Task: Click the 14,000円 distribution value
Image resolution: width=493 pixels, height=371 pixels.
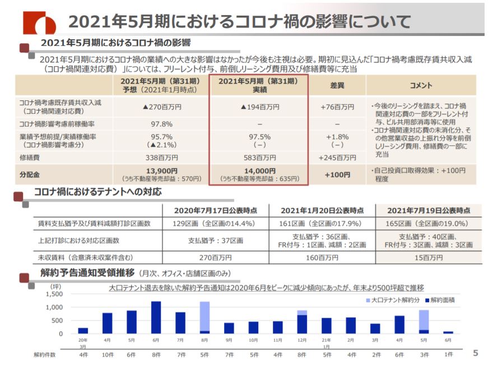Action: click(x=259, y=171)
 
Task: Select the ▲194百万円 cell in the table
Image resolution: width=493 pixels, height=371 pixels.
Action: click(x=259, y=106)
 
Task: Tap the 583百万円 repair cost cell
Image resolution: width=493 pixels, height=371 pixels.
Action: click(x=259, y=158)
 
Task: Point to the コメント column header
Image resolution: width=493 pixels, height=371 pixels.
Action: click(x=421, y=85)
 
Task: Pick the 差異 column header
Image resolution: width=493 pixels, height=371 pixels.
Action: click(x=337, y=85)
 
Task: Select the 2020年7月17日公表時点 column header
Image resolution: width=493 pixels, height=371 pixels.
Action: click(x=215, y=210)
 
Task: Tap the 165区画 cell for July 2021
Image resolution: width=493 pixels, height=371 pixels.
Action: click(x=428, y=224)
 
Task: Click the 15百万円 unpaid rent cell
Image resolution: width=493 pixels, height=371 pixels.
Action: click(x=428, y=258)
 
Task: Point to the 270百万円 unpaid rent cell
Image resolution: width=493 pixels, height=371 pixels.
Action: click(x=215, y=258)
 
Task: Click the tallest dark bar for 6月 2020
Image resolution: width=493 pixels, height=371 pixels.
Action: click(x=156, y=317)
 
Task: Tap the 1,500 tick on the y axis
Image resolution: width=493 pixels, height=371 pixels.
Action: click(x=54, y=294)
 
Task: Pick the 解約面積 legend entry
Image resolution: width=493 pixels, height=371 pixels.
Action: click(x=443, y=300)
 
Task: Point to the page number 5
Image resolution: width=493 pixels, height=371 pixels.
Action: click(x=476, y=353)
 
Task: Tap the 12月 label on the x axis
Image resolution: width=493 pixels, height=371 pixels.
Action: click(x=302, y=340)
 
